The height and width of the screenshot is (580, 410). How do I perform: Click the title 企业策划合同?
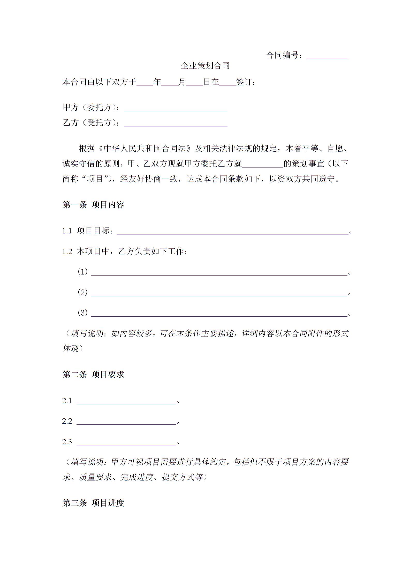205,66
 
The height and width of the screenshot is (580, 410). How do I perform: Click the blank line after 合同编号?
328,57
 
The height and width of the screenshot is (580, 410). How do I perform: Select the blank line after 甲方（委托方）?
176,109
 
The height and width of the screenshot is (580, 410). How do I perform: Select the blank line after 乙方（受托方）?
176,125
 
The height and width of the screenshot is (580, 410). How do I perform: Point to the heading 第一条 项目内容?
93,205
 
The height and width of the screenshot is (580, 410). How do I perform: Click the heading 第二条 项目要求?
93,375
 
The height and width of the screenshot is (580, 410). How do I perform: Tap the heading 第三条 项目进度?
93,503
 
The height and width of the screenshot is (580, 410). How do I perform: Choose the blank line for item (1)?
219,274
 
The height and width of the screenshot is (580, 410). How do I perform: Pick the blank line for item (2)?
219,294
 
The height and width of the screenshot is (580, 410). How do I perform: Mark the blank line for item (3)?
219,315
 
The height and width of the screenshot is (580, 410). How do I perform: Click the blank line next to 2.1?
126,402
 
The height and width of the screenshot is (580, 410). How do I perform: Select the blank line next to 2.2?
126,423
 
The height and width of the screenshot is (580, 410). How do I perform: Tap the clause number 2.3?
67,442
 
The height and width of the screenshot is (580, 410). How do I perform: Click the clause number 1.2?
67,251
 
